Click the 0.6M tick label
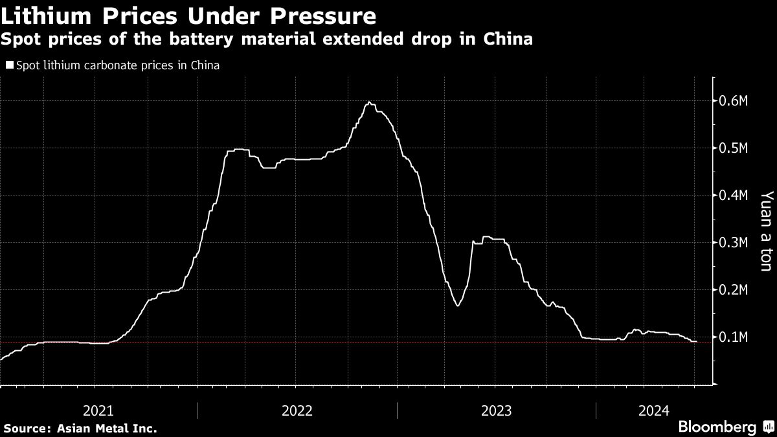734,101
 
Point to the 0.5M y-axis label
734,148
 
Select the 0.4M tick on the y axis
734,196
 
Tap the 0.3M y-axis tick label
734,243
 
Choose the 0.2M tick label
734,290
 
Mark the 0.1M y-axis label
734,337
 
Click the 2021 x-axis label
99,410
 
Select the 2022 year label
297,410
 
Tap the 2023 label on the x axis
496,410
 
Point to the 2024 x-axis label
654,410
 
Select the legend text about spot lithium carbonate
117,65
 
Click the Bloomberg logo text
717,427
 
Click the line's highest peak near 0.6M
368,102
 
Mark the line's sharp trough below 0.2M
458,306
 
